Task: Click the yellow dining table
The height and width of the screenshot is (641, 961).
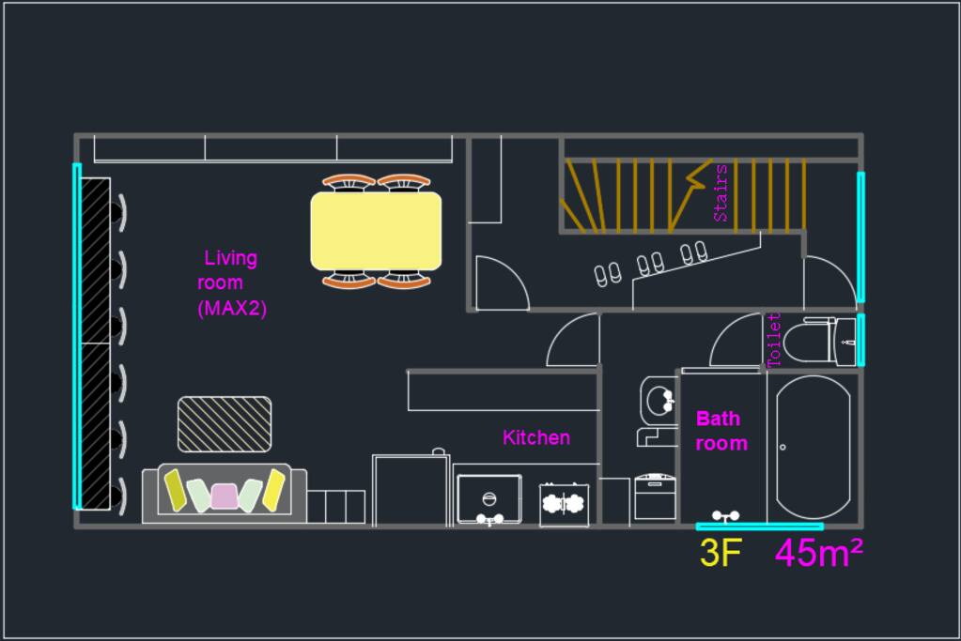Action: (376, 231)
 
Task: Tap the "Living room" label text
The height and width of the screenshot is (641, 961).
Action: (226, 270)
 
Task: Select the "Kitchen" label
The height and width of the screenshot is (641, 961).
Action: (536, 437)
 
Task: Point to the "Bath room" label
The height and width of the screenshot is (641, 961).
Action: (721, 431)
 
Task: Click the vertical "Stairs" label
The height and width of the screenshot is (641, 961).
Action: (721, 192)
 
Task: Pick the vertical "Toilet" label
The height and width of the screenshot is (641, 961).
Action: (773, 340)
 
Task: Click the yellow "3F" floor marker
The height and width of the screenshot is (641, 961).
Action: (721, 552)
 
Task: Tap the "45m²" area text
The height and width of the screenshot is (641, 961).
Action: (819, 552)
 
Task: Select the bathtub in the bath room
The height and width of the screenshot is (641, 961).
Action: (814, 448)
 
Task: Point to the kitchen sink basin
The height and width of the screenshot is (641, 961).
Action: (489, 499)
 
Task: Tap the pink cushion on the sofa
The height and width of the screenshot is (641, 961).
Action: (225, 496)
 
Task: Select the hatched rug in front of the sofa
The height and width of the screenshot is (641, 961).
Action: (225, 424)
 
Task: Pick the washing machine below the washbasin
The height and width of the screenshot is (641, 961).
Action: (655, 496)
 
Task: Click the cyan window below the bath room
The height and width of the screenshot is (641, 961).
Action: (759, 527)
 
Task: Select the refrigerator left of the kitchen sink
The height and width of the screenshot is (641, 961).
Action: (411, 489)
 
